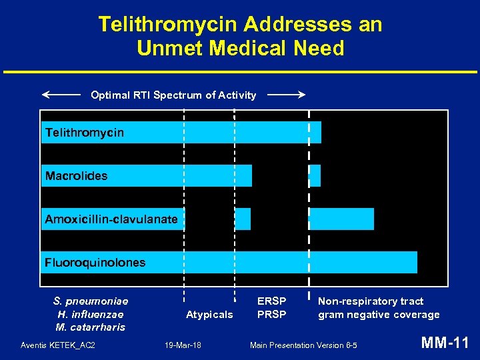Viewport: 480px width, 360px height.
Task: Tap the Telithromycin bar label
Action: tap(85, 133)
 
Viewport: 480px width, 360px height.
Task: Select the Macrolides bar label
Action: tap(77, 176)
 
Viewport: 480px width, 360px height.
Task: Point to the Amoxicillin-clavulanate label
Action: tap(111, 219)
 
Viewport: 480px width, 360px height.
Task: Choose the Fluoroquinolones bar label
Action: tap(95, 263)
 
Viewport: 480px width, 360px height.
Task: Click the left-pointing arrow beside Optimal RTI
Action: tap(61, 95)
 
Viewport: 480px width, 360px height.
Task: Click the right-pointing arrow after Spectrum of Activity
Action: tap(286, 95)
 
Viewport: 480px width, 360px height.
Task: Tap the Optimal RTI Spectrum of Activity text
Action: tap(173, 95)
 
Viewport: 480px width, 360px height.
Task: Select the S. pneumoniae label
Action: tap(91, 301)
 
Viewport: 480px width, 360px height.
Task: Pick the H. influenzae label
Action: tap(91, 314)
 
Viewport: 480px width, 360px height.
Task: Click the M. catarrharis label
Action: tap(91, 327)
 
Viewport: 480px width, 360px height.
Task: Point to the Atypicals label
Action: tap(209, 314)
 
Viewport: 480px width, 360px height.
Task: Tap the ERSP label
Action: tap(271, 301)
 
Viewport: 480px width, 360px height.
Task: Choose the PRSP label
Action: tap(271, 314)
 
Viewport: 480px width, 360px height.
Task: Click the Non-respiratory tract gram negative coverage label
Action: tap(378, 308)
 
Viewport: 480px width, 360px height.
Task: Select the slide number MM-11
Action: tap(445, 343)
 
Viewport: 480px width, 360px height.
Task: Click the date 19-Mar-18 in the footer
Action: tap(183, 345)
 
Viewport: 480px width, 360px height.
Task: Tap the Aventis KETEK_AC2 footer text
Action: tap(58, 345)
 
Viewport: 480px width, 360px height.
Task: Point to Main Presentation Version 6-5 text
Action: tap(303, 345)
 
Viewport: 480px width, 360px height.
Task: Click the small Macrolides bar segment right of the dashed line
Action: tap(316, 176)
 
